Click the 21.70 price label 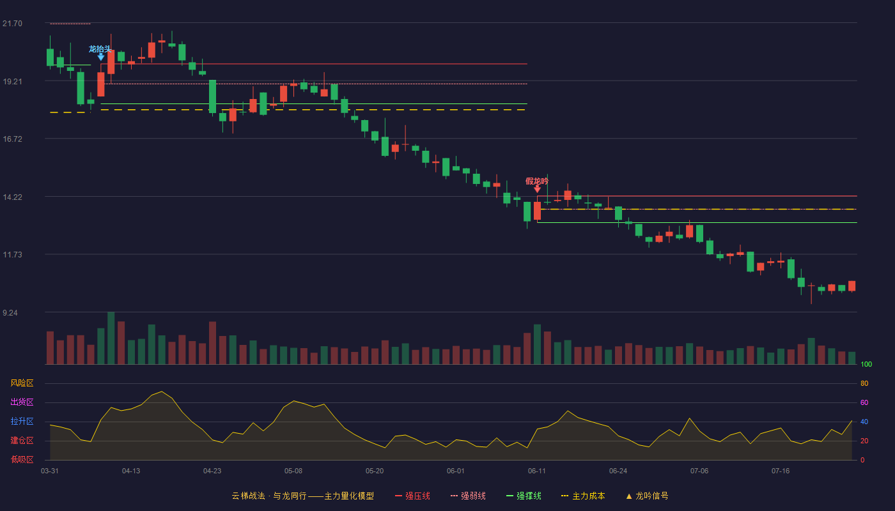[x=12, y=24]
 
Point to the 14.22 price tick [x=12, y=197]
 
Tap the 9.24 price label [x=10, y=313]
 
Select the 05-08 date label [x=293, y=471]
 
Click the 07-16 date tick [x=781, y=471]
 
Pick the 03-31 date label [x=50, y=471]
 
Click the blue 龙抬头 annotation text [x=100, y=49]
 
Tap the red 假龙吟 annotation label [x=537, y=181]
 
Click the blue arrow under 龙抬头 [x=101, y=57]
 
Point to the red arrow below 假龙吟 [x=538, y=189]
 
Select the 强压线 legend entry [x=412, y=496]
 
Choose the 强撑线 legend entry [x=524, y=496]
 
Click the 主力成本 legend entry [x=583, y=496]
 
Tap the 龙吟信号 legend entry [x=647, y=496]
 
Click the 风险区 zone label [x=22, y=383]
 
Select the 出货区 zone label [x=22, y=402]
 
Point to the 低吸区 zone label [x=22, y=459]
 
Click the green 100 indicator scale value [x=866, y=364]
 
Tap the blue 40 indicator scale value [x=864, y=422]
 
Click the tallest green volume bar [x=111, y=338]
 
